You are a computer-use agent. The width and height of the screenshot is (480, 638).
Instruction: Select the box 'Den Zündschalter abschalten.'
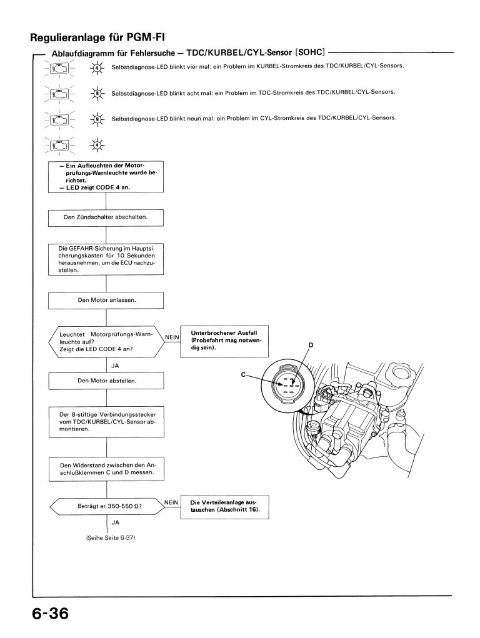click(106, 217)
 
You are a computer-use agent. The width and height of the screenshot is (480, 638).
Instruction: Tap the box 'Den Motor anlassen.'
click(106, 300)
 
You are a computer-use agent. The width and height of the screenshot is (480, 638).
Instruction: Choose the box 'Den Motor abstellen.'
click(106, 380)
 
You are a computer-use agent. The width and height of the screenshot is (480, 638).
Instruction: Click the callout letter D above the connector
click(310, 345)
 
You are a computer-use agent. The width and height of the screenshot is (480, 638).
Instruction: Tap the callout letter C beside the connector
click(244, 374)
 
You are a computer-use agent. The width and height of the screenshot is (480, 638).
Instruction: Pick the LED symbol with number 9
click(96, 119)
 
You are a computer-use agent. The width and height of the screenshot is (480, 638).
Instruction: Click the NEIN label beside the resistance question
click(172, 501)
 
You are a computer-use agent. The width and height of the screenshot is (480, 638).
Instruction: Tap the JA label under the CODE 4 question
click(115, 364)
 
